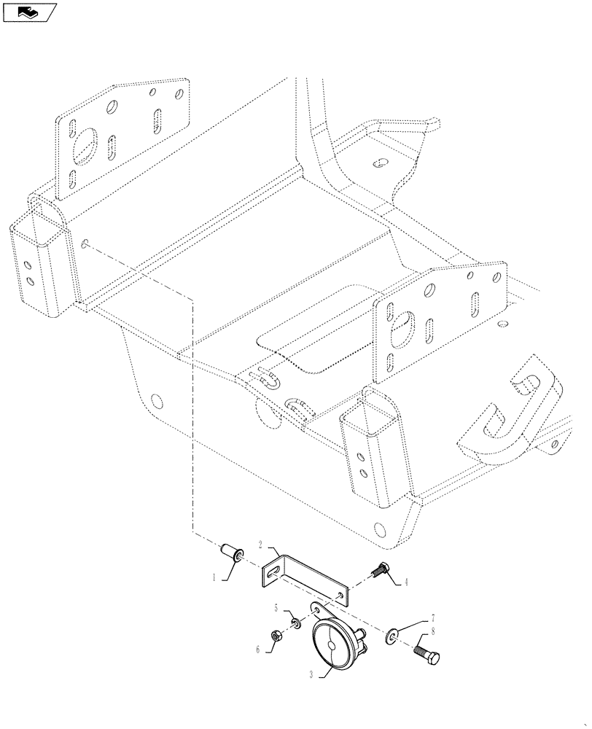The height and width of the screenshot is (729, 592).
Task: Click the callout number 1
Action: pos(214,577)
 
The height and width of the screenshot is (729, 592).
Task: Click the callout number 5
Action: pos(276,608)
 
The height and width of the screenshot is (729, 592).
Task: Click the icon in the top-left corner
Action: pos(29,12)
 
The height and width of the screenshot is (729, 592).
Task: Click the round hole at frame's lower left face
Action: pos(155,401)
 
